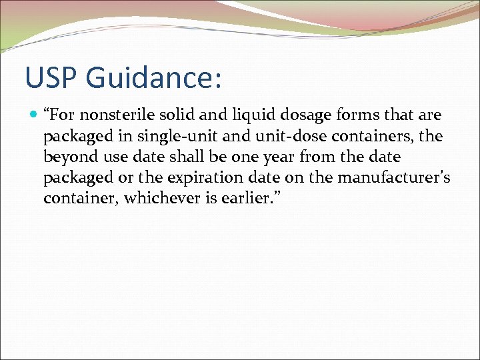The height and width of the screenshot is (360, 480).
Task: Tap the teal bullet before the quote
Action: (34, 115)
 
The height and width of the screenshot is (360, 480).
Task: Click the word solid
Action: (177, 115)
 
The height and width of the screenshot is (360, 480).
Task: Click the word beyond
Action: (69, 158)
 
